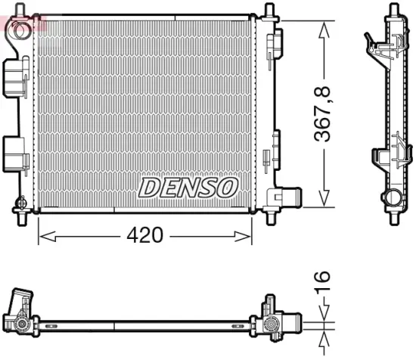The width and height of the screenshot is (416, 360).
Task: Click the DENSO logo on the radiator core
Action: pyautogui.click(x=188, y=187)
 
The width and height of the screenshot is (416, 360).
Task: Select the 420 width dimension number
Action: pyautogui.click(x=144, y=235)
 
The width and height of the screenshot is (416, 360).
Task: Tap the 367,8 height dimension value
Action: pyautogui.click(x=324, y=114)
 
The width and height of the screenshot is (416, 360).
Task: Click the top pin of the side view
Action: pyautogui.click(x=393, y=11)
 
